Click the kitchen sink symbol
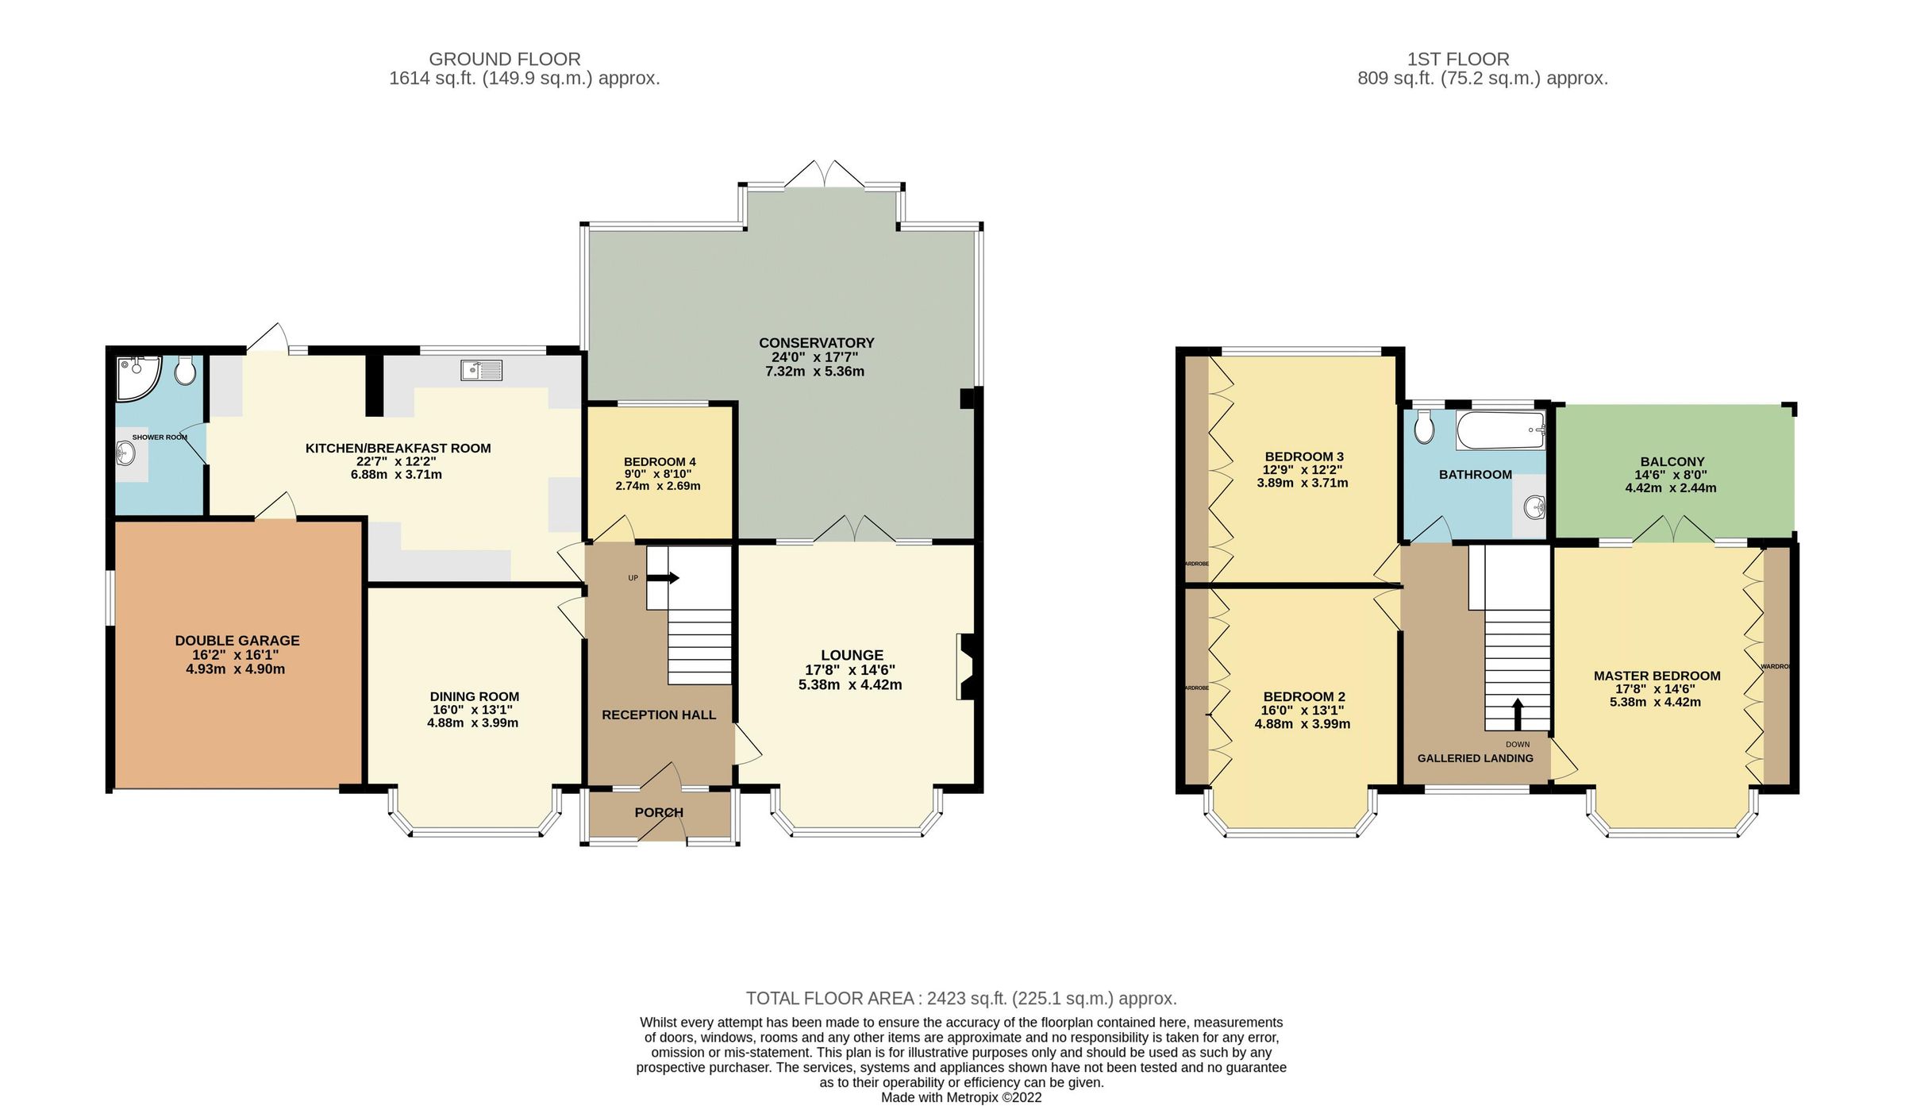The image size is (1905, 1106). (x=481, y=370)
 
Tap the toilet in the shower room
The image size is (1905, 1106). (x=185, y=371)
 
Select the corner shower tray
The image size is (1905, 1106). (x=137, y=377)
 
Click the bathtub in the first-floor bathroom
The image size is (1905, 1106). (x=1500, y=430)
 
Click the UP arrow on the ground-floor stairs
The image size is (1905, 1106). (x=663, y=578)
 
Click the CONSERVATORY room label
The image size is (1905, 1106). (x=816, y=343)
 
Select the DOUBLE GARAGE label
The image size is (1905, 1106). (x=237, y=641)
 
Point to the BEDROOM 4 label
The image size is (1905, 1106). (x=660, y=462)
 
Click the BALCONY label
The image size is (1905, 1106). (x=1672, y=462)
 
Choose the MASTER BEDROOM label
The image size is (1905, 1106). (x=1657, y=676)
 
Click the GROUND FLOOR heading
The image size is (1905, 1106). (x=504, y=60)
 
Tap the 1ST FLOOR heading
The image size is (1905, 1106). (x=1457, y=60)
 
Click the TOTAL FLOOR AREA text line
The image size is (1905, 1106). (x=960, y=999)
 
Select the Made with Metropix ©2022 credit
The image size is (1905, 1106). (x=960, y=1097)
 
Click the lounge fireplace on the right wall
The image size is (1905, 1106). (x=968, y=666)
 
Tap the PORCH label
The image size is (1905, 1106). (x=659, y=812)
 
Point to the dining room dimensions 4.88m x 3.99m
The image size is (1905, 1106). (x=473, y=723)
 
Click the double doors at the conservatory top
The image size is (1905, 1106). (x=825, y=175)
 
